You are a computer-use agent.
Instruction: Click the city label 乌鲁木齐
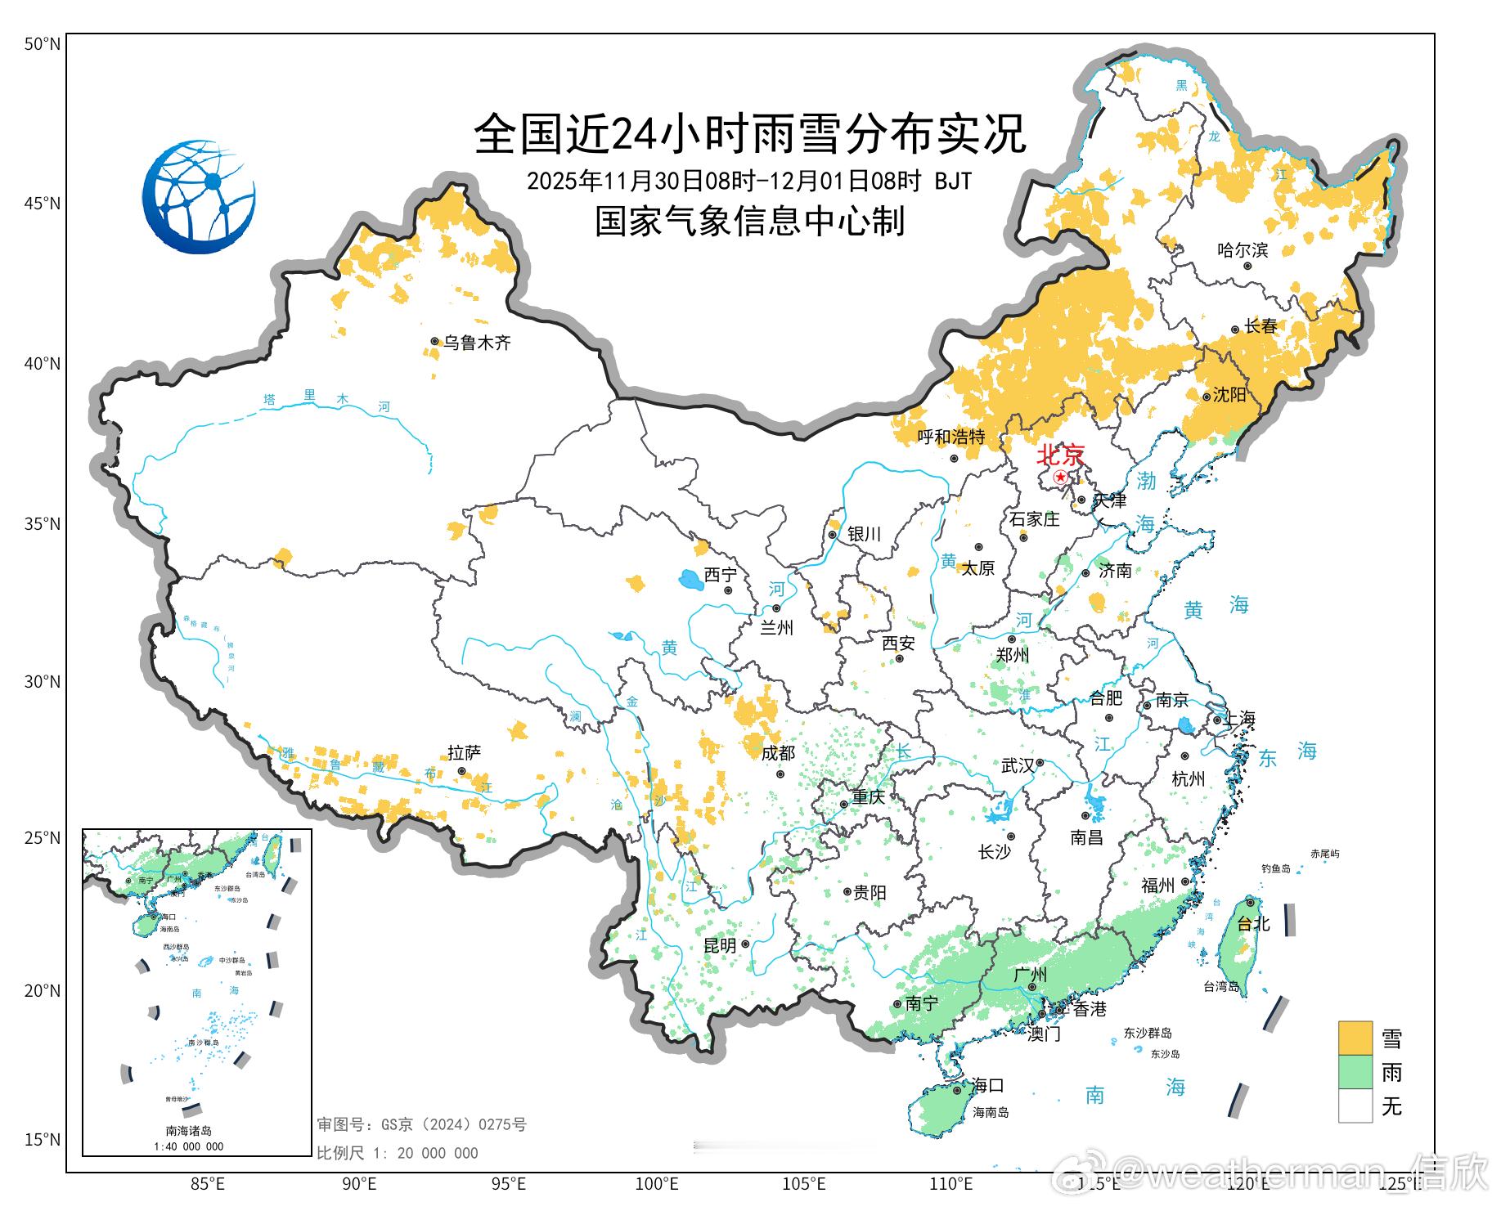pyautogui.click(x=477, y=343)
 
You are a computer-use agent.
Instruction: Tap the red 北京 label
pyautogui.click(x=1061, y=455)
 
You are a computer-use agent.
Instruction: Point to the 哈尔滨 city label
pyautogui.click(x=1243, y=250)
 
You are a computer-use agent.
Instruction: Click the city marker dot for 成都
pyautogui.click(x=780, y=774)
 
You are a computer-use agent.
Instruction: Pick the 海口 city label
pyautogui.click(x=987, y=1086)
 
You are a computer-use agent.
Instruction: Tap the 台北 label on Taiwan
pyautogui.click(x=1253, y=923)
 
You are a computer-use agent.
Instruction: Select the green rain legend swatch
pyautogui.click(x=1355, y=1072)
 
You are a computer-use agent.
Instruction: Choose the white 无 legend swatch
pyautogui.click(x=1355, y=1106)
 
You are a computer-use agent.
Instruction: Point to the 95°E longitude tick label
pyautogui.click(x=508, y=1183)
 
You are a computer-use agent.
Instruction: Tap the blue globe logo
pyautogui.click(x=199, y=196)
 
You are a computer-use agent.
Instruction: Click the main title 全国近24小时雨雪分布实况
pyautogui.click(x=749, y=133)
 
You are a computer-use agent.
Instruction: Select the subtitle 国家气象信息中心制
pyautogui.click(x=749, y=221)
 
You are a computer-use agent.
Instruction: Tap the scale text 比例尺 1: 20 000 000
pyautogui.click(x=398, y=1153)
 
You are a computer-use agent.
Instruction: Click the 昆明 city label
pyautogui.click(x=720, y=945)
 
